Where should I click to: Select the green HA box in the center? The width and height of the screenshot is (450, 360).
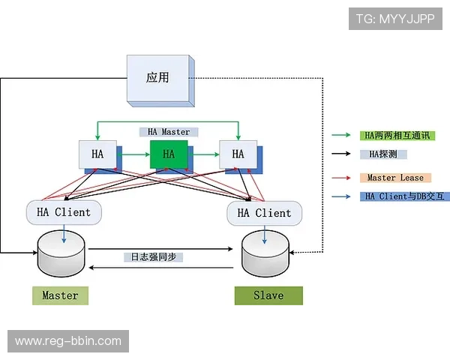[x=169, y=154]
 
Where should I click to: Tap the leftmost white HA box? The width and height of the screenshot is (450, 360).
[x=98, y=154]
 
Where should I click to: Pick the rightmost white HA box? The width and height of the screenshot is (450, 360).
[x=238, y=154]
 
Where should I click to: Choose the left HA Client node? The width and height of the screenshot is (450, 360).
[x=64, y=212]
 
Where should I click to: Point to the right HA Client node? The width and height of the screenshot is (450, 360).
[x=264, y=213]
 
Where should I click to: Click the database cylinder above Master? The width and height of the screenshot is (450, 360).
[x=61, y=255]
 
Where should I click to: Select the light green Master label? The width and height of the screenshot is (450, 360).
[x=60, y=295]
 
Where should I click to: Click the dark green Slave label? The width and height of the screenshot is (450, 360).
[x=268, y=295]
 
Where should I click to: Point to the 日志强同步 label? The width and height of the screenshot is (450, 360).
[x=154, y=256]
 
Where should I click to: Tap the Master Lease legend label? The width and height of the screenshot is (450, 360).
[x=395, y=178]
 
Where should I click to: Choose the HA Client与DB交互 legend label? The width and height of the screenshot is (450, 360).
[x=404, y=196]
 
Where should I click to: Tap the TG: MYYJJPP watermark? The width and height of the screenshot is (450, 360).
[x=395, y=19]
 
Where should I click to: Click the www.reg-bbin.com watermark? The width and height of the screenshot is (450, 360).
[x=68, y=341]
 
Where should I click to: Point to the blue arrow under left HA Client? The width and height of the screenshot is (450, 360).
[x=62, y=233]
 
